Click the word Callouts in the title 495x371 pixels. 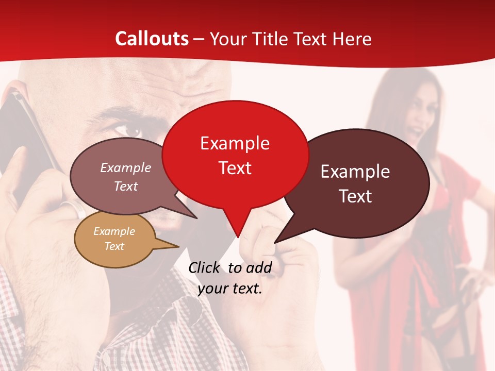(152, 39)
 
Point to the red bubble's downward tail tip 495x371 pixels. (238, 237)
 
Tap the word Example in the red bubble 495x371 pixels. (235, 143)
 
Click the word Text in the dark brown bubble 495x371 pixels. (356, 196)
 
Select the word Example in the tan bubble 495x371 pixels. (114, 231)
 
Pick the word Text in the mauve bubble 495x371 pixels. (126, 186)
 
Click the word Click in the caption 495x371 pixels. (204, 267)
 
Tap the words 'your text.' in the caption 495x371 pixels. (230, 289)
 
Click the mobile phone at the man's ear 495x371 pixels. (26, 134)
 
